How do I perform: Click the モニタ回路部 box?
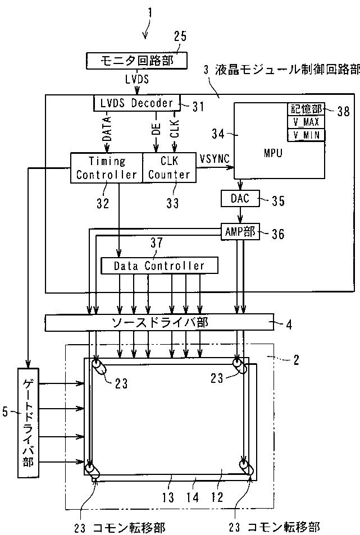click(x=137, y=61)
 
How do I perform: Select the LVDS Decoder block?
click(x=136, y=103)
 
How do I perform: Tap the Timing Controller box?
click(x=106, y=167)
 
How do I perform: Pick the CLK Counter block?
click(x=169, y=167)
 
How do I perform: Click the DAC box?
click(x=240, y=198)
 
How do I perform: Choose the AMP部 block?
click(x=240, y=232)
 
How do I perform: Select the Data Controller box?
click(x=159, y=266)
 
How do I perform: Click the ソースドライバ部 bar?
click(x=160, y=322)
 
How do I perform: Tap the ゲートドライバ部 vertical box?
click(x=28, y=422)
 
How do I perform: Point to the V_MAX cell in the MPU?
click(x=306, y=122)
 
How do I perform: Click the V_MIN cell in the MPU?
click(x=306, y=135)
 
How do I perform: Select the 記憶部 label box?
click(x=306, y=109)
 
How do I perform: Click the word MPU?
click(x=273, y=153)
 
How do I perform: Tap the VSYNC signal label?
click(x=215, y=159)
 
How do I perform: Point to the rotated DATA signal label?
click(x=107, y=129)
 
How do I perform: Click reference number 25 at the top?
click(x=180, y=36)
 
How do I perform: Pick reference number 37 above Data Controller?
click(x=157, y=243)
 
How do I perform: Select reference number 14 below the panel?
click(x=193, y=497)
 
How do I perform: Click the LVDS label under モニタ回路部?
click(x=137, y=79)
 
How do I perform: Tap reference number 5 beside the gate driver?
click(x=5, y=412)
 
